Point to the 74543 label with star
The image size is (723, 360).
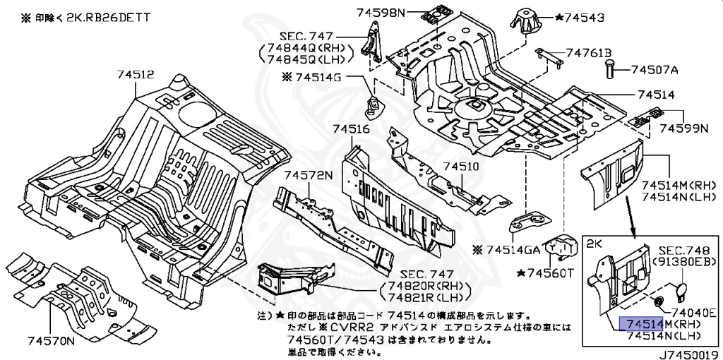coord(579,17)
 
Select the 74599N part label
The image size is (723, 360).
coord(683,129)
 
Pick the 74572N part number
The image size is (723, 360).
coord(308,175)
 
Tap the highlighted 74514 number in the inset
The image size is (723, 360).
coord(640,324)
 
